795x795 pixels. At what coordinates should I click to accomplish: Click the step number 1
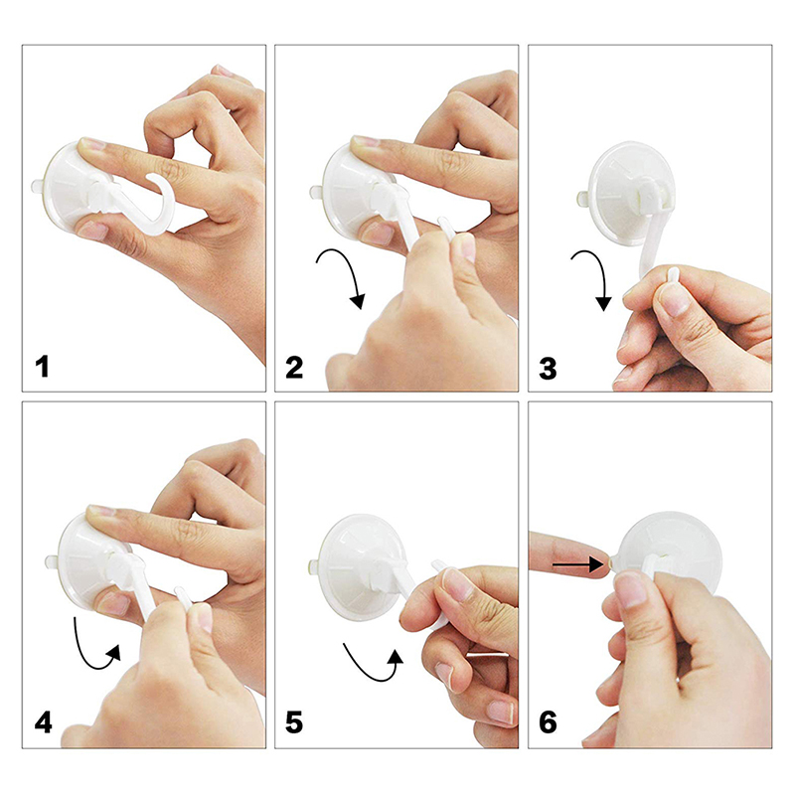point(42,367)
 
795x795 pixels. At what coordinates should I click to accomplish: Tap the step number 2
point(294,368)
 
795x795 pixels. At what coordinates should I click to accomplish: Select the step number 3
point(548,369)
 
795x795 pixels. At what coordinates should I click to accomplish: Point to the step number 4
point(43,722)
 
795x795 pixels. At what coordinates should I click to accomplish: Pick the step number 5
point(294,722)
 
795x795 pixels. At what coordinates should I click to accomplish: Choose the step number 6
point(548,722)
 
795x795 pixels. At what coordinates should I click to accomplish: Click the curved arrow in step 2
point(351,268)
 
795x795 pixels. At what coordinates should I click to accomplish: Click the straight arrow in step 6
point(577,564)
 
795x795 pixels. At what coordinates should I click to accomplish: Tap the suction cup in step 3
point(631,193)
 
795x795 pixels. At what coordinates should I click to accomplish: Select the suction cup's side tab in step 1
point(37,186)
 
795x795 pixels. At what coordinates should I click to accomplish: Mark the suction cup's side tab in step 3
point(583,198)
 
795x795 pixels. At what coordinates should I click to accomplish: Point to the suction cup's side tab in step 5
point(315,564)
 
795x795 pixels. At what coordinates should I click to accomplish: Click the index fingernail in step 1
point(91,144)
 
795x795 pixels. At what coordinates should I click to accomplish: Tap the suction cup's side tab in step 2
point(316,193)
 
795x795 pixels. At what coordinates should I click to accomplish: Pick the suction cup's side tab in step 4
point(52,561)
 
